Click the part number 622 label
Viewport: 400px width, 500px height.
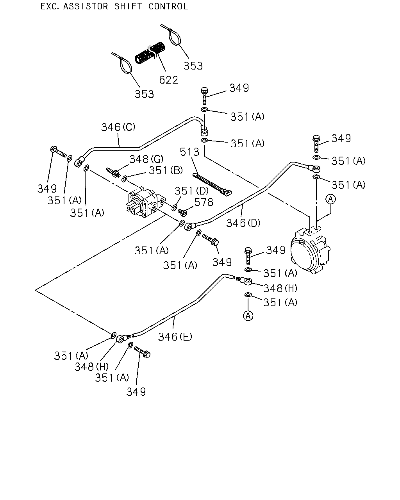point(168,80)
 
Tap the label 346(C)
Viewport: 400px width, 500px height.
point(118,127)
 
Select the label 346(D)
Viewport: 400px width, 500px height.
point(243,223)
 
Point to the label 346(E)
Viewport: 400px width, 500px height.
point(175,337)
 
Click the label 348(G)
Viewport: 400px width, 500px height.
point(146,159)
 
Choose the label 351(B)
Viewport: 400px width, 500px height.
point(166,170)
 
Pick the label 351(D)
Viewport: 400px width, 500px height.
point(191,191)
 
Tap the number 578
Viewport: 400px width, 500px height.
point(204,202)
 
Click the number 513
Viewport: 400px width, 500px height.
point(190,152)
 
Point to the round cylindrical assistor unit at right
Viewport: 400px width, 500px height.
point(310,250)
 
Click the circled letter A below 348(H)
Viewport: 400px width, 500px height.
point(248,316)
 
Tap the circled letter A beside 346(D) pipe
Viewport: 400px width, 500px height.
point(330,199)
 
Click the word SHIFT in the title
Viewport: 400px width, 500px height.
point(128,7)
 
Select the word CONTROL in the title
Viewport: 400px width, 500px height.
point(168,7)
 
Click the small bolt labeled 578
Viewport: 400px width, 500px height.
point(182,212)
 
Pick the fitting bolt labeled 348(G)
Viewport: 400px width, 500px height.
point(113,172)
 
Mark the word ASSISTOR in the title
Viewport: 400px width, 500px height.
point(86,7)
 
